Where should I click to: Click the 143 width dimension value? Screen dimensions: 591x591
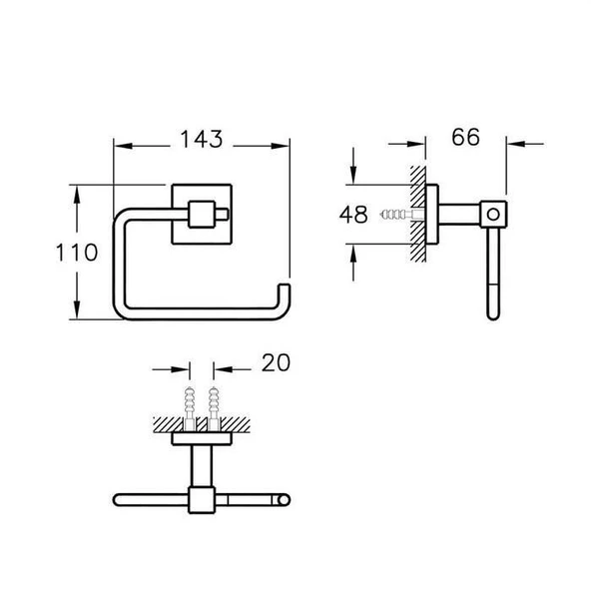(x=202, y=139)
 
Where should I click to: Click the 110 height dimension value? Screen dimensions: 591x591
(x=77, y=253)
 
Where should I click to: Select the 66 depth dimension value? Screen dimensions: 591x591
(x=466, y=137)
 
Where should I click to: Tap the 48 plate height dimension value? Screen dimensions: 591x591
(x=353, y=215)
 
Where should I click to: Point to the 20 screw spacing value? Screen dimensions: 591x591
(x=276, y=362)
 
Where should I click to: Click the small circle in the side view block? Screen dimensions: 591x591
(x=493, y=215)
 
